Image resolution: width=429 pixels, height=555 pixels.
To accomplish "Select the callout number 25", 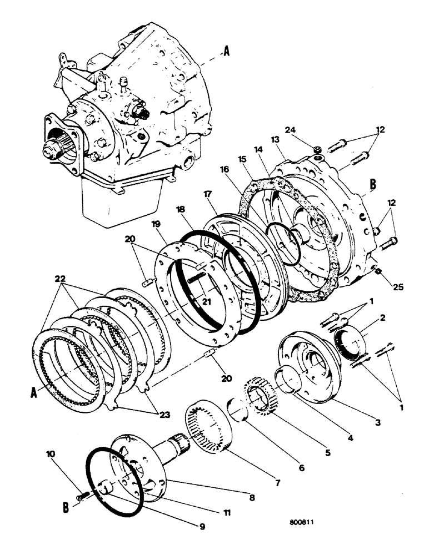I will (398, 287).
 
